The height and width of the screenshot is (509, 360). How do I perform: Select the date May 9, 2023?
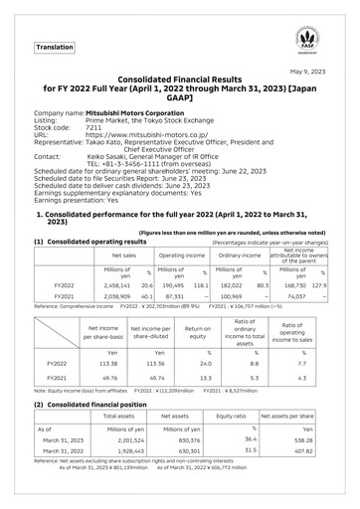coord(319,71)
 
